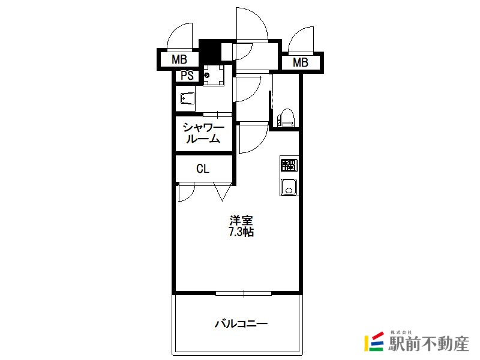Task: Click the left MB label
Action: click(179, 59)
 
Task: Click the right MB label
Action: click(301, 62)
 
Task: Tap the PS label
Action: click(187, 76)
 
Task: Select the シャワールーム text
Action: click(203, 133)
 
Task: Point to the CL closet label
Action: click(203, 169)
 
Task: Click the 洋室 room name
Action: click(242, 220)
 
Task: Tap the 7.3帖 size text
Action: click(241, 232)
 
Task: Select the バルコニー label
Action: click(241, 323)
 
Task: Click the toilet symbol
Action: click(286, 118)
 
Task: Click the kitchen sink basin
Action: click(289, 187)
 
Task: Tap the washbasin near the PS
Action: click(187, 98)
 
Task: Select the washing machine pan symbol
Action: click(214, 75)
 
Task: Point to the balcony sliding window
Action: click(244, 293)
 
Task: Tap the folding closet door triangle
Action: click(223, 192)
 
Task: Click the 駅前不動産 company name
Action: click(428, 344)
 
